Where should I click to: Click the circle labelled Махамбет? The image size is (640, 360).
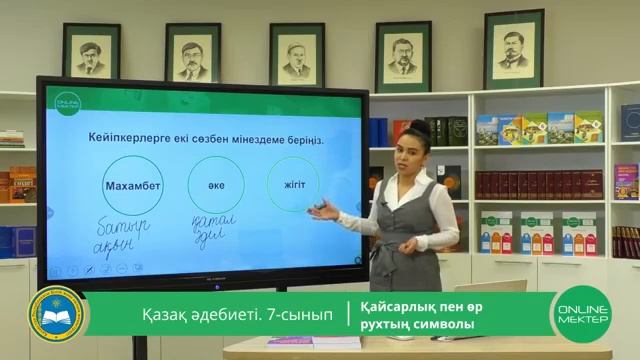131,186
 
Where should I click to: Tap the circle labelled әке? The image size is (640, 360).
215,185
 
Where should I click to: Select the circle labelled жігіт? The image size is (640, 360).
293,184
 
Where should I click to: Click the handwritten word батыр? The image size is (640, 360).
123,227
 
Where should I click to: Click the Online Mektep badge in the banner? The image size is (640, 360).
581,318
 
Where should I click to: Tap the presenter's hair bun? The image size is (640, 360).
420,128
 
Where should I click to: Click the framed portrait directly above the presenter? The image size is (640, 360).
403,56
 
